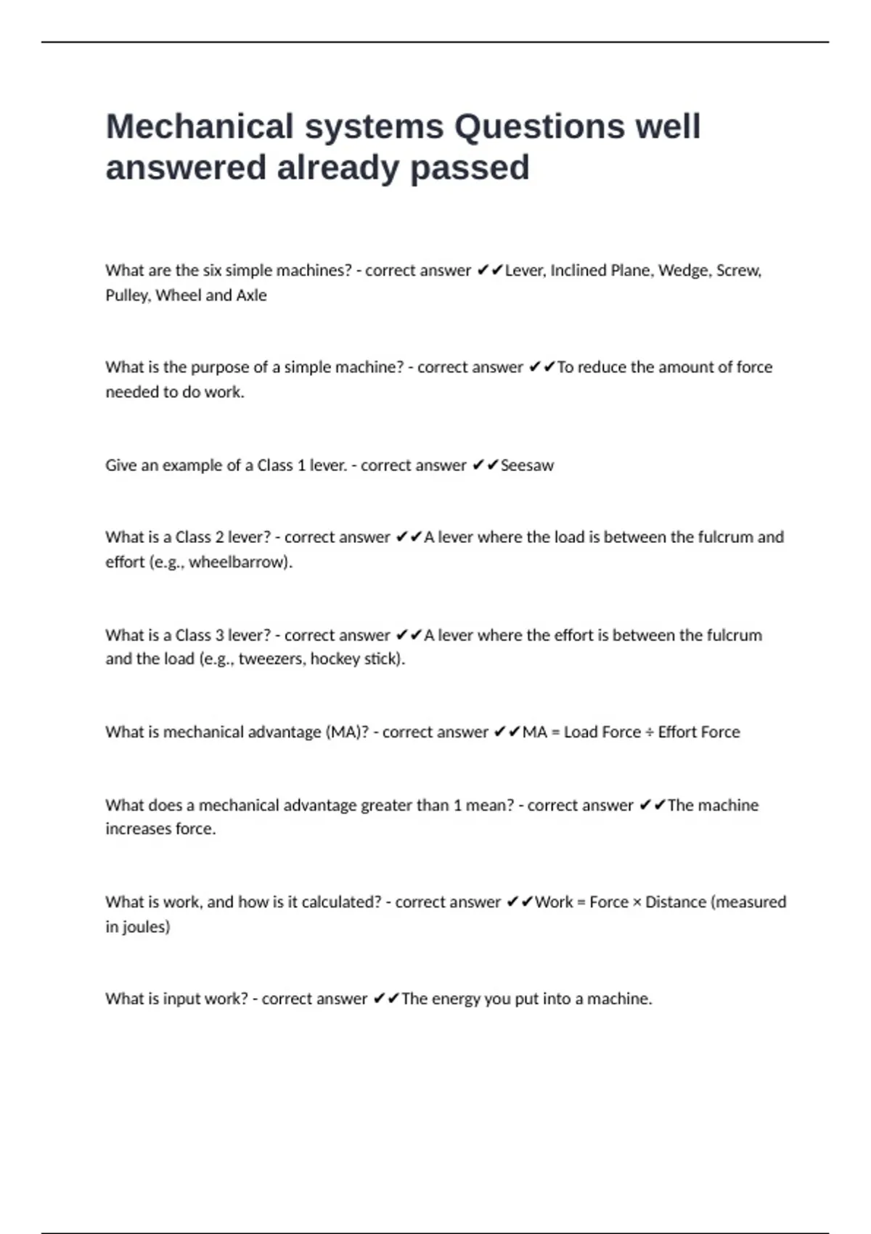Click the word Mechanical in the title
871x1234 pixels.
(200, 126)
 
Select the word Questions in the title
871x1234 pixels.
(539, 126)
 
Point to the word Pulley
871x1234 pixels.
(128, 295)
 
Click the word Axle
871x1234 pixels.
(251, 295)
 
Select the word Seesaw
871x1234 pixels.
(527, 465)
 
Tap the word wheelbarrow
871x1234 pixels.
(238, 562)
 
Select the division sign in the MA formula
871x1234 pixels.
(650, 732)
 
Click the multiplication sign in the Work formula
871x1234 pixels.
(637, 902)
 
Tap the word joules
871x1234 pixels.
(145, 927)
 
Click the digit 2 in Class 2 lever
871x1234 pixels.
(219, 537)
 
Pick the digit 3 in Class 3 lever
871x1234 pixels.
(219, 635)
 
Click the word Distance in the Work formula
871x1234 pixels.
(675, 902)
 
